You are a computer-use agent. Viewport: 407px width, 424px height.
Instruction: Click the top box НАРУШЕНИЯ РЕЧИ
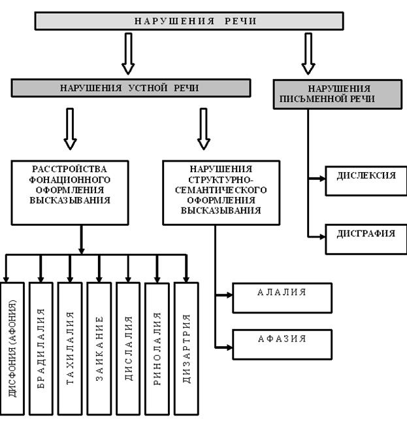tap(188, 21)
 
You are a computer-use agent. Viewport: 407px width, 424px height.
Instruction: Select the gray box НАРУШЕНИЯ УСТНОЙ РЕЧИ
tap(129, 88)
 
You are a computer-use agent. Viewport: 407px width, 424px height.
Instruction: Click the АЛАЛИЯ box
tap(282, 298)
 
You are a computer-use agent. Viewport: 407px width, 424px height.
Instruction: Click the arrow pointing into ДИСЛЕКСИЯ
tap(317, 176)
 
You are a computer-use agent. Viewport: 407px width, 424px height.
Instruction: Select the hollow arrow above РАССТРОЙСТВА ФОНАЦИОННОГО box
tap(71, 128)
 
